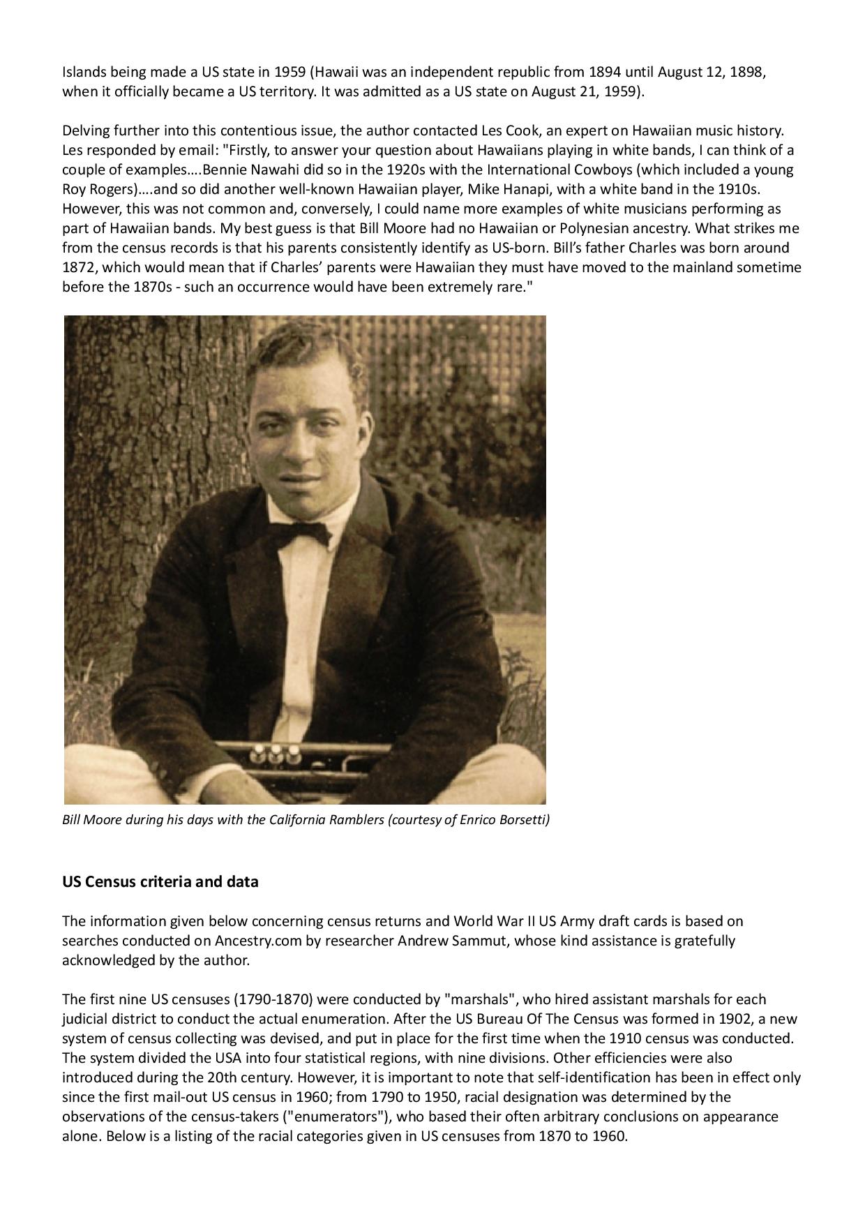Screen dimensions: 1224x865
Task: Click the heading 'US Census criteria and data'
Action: point(160,881)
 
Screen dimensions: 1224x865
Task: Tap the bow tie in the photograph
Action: point(301,533)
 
